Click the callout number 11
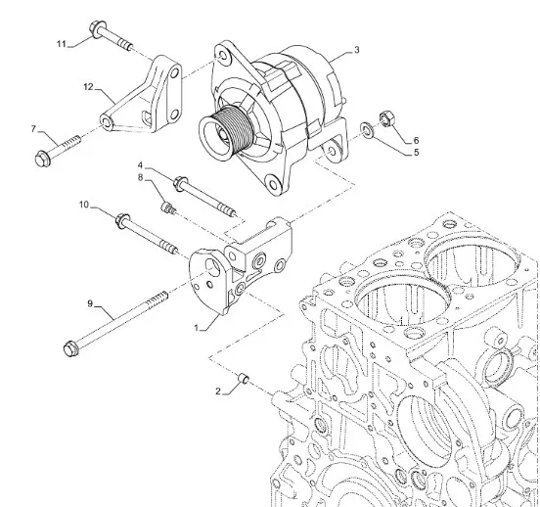click(x=62, y=44)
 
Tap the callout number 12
click(x=88, y=87)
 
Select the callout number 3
click(x=357, y=50)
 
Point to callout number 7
click(x=33, y=129)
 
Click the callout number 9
click(x=90, y=303)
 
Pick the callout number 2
click(x=218, y=392)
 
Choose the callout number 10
click(x=84, y=205)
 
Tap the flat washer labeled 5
click(x=368, y=130)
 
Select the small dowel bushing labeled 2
click(x=244, y=379)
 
